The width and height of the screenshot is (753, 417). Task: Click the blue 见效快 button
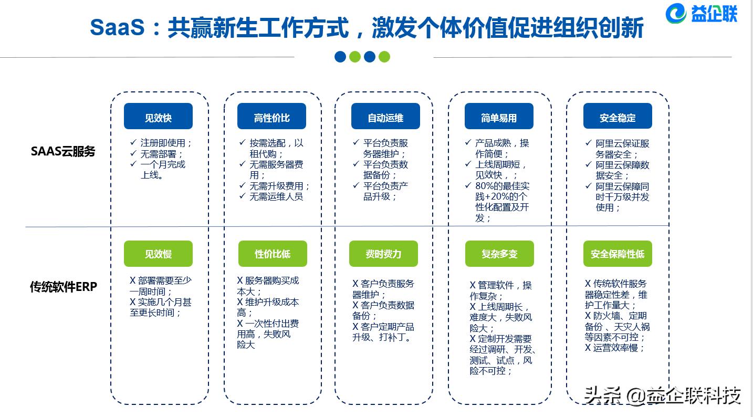(x=158, y=117)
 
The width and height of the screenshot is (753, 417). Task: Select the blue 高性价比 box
(x=271, y=117)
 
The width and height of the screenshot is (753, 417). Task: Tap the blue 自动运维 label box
(x=385, y=117)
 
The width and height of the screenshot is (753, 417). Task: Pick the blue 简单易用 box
(x=499, y=117)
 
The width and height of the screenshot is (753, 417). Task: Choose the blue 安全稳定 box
(x=618, y=117)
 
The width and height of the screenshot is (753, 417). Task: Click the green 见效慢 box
(x=158, y=254)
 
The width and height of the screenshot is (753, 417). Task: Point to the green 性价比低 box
(x=273, y=254)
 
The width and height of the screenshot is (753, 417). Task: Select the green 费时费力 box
(x=383, y=254)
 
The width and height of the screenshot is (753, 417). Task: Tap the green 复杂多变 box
(x=499, y=254)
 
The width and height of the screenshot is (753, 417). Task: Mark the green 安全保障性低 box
(x=618, y=254)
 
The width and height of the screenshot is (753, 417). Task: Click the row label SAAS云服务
(x=63, y=152)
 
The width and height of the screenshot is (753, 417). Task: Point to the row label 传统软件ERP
(x=64, y=287)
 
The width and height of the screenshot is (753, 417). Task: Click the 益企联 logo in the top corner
(x=702, y=14)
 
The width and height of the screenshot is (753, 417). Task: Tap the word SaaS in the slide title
(x=117, y=27)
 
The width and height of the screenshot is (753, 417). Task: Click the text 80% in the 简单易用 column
(x=484, y=186)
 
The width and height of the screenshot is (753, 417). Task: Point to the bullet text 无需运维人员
(x=276, y=196)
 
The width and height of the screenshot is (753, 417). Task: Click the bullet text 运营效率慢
(x=619, y=348)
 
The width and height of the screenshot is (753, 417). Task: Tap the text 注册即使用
(x=166, y=143)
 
